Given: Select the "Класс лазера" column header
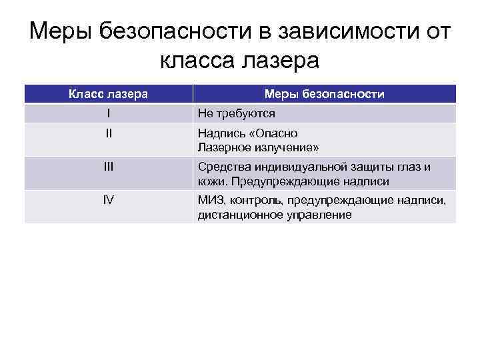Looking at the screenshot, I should [109, 94].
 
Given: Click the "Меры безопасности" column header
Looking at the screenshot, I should [324, 94].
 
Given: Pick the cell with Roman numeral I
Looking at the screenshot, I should [109, 113].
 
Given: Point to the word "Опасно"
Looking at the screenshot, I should [278, 133].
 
